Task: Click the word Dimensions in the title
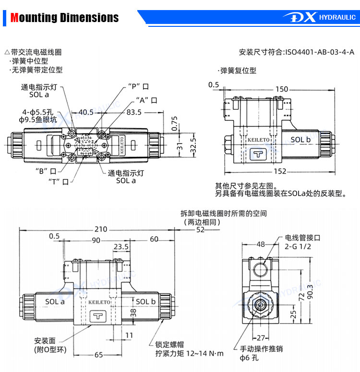89,18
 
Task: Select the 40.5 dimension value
86,112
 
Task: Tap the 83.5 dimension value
134,112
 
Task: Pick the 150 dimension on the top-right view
282,89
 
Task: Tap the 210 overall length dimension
101,229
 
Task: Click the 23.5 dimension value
121,247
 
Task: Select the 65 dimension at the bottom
98,355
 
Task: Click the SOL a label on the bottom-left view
55,302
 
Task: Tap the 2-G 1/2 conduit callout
298,246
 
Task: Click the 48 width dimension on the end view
261,244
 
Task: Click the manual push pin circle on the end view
261,304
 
